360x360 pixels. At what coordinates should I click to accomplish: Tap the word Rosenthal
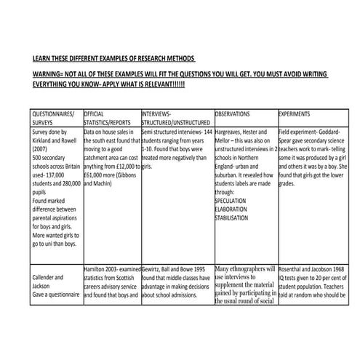point(294,269)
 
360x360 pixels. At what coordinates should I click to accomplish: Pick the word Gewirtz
point(154,269)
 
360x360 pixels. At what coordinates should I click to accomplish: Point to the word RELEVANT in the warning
point(151,84)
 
